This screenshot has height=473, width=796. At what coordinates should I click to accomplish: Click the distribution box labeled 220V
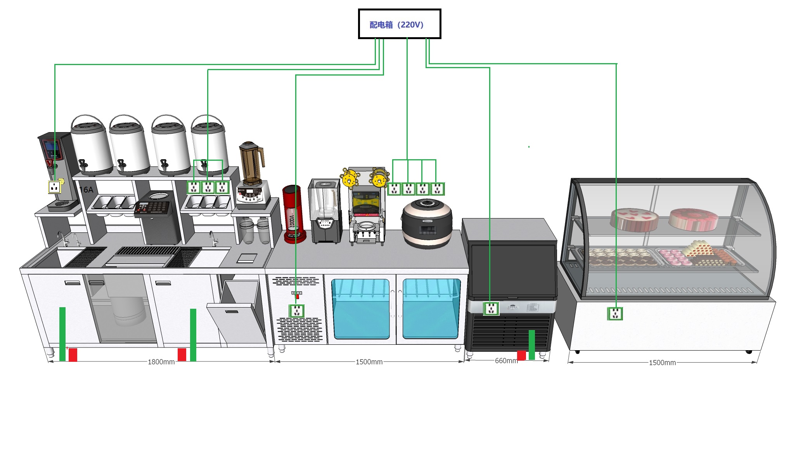pyautogui.click(x=399, y=24)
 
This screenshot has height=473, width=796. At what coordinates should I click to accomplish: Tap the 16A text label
pyautogui.click(x=86, y=190)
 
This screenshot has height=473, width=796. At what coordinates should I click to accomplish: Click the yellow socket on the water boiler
pyautogui.click(x=54, y=187)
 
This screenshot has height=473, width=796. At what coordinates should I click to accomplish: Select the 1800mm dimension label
pyautogui.click(x=161, y=362)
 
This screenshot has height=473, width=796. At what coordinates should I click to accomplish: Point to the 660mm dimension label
pyautogui.click(x=506, y=361)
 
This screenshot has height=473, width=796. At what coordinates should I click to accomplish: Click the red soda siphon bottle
pyautogui.click(x=294, y=214)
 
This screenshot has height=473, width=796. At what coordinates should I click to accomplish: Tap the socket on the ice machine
pyautogui.click(x=491, y=309)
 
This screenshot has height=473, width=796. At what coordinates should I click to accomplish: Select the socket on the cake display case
pyautogui.click(x=615, y=313)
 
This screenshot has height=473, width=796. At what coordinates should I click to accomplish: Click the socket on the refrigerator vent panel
pyautogui.click(x=297, y=311)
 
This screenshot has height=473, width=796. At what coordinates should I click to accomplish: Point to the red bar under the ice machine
pyautogui.click(x=521, y=355)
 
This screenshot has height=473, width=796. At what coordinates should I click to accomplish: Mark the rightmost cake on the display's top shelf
pyautogui.click(x=693, y=219)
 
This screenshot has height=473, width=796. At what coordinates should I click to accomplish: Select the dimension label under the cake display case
pyautogui.click(x=662, y=363)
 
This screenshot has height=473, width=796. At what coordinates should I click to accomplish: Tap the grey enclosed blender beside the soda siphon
pyautogui.click(x=324, y=211)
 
